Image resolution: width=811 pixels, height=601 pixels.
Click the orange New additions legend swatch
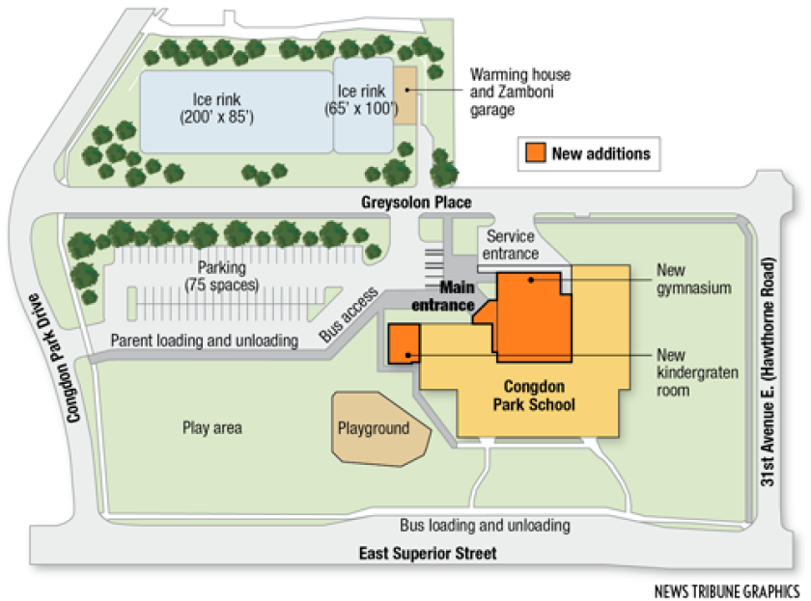coord(535,153)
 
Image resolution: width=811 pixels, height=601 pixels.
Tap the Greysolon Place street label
coord(416,203)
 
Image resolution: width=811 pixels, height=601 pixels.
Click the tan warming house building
coord(405,94)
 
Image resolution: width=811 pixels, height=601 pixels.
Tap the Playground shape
coord(378,426)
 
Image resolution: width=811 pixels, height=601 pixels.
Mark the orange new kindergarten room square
coord(404,343)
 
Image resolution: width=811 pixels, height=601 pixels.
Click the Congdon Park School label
coord(540,396)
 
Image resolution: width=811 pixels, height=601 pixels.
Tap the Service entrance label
coord(512,245)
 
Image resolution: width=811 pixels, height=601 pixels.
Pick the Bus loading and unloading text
coord(485,526)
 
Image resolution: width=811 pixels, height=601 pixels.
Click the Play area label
coord(211,426)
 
